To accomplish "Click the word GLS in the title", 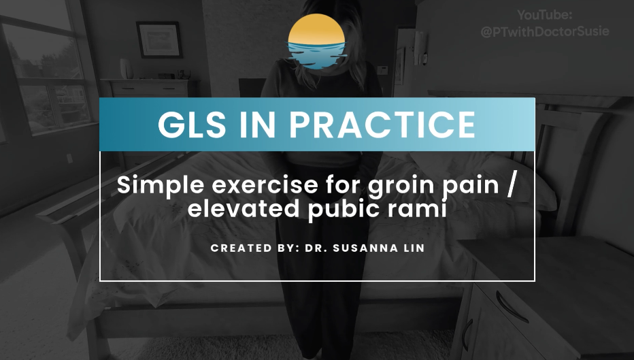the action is (191, 125).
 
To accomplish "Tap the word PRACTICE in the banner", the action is (382, 125).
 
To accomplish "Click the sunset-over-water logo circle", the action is (316, 42).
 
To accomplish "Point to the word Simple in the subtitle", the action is (161, 186).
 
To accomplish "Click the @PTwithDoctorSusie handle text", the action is (545, 31).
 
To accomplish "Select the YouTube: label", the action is (545, 15).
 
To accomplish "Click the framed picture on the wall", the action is (159, 39).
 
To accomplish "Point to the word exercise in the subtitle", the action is (265, 186).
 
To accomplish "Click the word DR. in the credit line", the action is (316, 248).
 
